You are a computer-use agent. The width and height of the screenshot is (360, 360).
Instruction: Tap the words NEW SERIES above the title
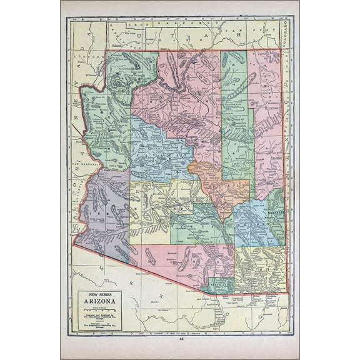click(99, 296)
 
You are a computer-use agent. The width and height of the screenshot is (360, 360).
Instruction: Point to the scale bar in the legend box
click(99, 310)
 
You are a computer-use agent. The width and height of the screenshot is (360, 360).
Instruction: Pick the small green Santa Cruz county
click(220, 284)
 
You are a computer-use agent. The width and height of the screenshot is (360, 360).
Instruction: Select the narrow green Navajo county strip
click(237, 125)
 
